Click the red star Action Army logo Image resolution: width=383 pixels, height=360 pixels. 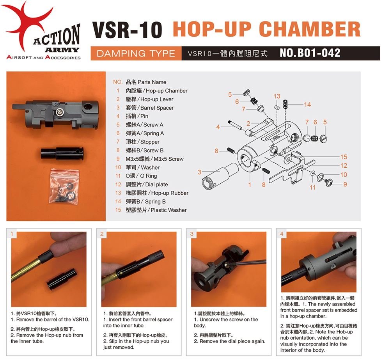(29, 23)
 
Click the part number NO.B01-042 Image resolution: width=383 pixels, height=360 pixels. (310, 53)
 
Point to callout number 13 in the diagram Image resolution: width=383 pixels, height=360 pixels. (277, 96)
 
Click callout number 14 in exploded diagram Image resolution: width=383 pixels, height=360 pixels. (307, 104)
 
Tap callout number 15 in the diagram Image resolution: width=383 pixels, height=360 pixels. (343, 157)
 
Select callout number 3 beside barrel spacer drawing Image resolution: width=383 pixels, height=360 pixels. (199, 172)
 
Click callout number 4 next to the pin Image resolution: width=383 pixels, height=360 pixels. (218, 127)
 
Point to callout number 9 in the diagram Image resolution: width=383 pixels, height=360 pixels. (345, 184)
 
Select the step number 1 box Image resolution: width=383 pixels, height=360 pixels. (12, 234)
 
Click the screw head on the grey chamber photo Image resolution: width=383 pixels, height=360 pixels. (60, 112)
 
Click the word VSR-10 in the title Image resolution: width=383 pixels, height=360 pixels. (127, 30)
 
